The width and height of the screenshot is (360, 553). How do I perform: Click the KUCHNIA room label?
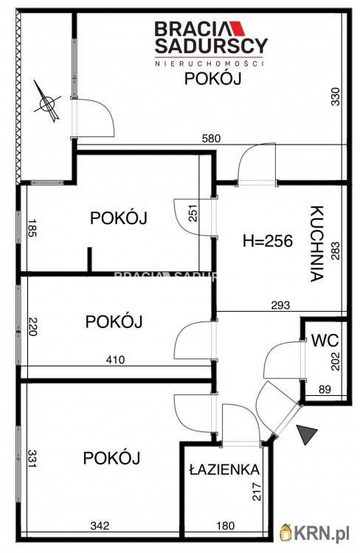point(316,244)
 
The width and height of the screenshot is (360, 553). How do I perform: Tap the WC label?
point(325,341)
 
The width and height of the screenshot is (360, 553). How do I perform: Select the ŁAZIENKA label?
point(223,469)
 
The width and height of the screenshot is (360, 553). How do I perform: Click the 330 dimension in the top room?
point(336,98)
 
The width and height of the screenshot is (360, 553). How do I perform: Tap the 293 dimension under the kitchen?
point(281,305)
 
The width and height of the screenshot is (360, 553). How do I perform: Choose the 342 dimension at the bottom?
point(101,526)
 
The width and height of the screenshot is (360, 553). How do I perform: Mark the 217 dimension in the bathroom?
point(257,492)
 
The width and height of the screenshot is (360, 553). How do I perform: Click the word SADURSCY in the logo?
point(210,46)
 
